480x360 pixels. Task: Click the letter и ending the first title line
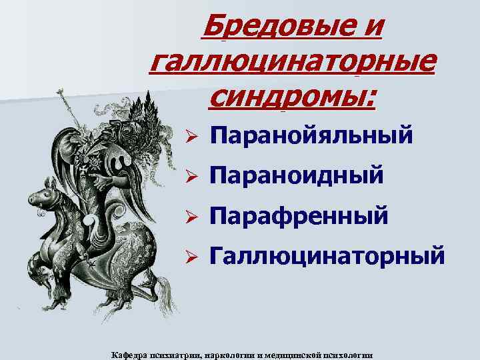[375, 27]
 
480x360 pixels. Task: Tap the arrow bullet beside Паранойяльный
[189, 137]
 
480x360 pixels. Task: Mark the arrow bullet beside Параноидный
[189, 177]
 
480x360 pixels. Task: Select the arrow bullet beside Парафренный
[189, 215]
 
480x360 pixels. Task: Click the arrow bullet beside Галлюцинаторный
[189, 255]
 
